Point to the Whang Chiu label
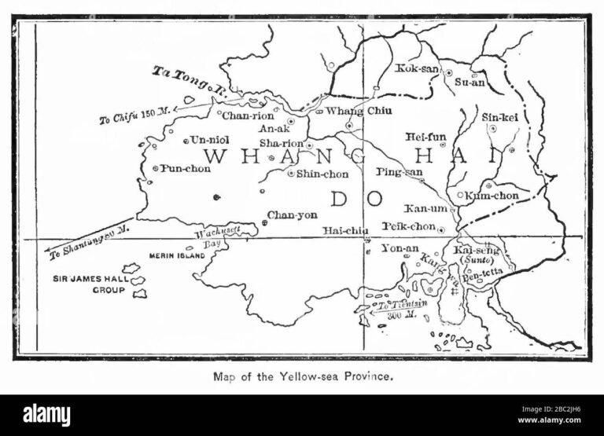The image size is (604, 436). click(x=353, y=111)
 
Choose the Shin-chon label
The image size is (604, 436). click(x=322, y=174)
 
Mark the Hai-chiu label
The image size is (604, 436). click(x=345, y=230)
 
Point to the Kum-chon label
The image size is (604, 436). click(x=493, y=195)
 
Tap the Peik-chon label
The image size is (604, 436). click(x=409, y=226)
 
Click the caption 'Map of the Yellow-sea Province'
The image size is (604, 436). click(x=303, y=376)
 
